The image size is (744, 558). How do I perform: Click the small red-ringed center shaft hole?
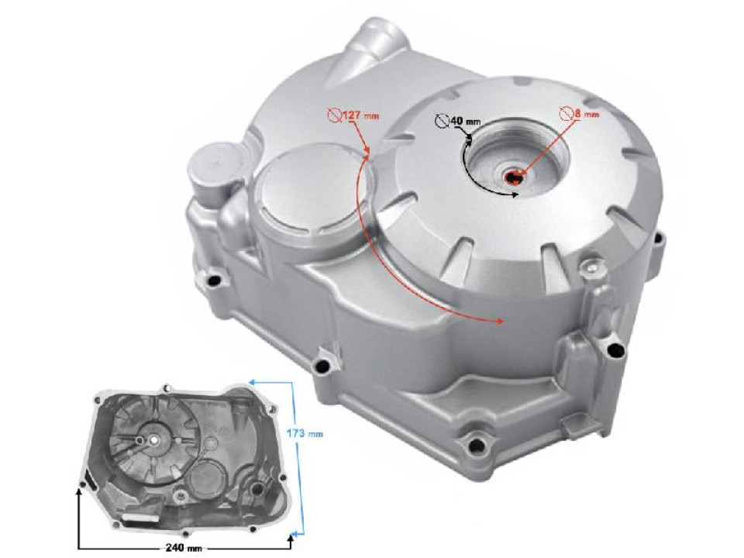pyautogui.click(x=515, y=177)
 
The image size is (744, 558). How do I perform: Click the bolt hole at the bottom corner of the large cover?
pyautogui.click(x=472, y=445)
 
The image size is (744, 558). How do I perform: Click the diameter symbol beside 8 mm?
pyautogui.click(x=567, y=113)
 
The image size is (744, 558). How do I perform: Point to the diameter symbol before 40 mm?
pyautogui.click(x=442, y=122)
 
